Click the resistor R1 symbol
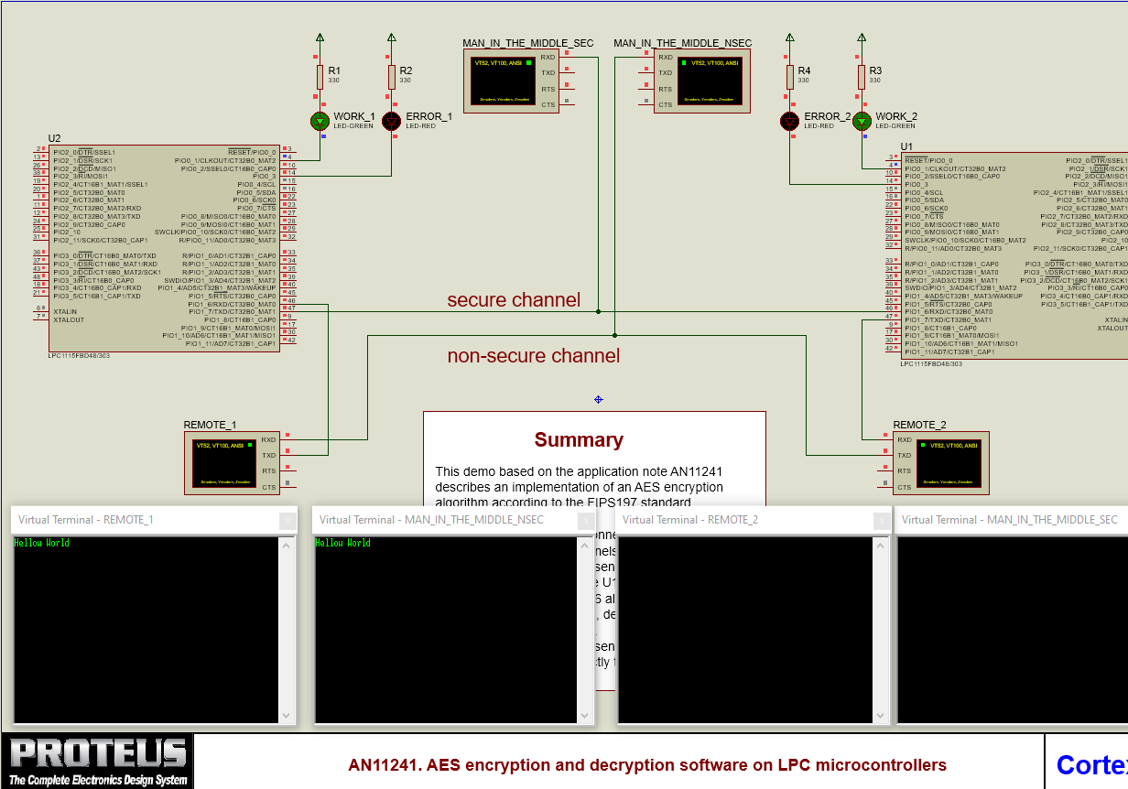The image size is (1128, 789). (320, 77)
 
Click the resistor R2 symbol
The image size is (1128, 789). (392, 77)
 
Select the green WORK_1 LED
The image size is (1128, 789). (320, 121)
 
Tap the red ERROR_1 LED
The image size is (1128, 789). (392, 121)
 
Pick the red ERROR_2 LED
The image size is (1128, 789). (789, 121)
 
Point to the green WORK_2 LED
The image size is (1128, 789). (861, 121)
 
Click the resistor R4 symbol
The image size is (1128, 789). (789, 77)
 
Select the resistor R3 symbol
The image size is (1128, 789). (861, 77)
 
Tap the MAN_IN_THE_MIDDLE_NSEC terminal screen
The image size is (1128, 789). (710, 81)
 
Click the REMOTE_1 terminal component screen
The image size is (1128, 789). (222, 463)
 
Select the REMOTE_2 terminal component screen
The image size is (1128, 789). (950, 463)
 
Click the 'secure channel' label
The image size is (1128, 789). (513, 300)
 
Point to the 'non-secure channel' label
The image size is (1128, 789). (533, 356)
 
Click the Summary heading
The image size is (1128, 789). (579, 440)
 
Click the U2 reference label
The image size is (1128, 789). (54, 138)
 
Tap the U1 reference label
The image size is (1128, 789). (906, 146)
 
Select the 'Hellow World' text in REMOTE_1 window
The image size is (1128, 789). (42, 544)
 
